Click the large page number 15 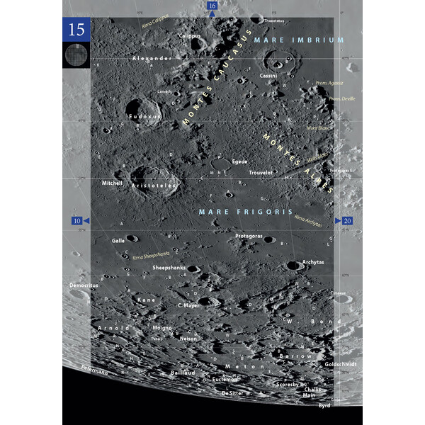pos(76,30)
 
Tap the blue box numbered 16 pos(212,6)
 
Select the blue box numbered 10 pos(77,221)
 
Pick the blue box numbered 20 pos(347,221)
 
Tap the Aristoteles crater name pos(152,185)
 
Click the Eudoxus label pos(145,115)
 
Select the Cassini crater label pos(268,75)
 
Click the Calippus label pos(190,35)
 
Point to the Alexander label pos(152,58)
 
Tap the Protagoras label pos(249,234)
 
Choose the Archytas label pos(313,262)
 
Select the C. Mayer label pos(189,305)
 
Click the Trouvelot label pos(261,172)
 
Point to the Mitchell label pos(112,182)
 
